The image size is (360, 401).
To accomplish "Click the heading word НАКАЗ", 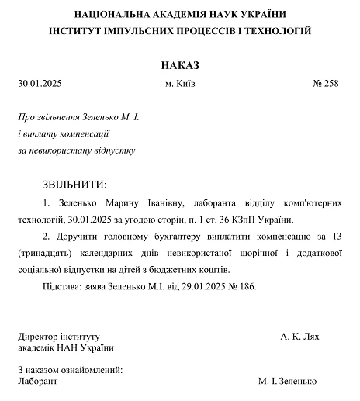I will click(179, 63).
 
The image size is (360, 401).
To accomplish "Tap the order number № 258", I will click(326, 84).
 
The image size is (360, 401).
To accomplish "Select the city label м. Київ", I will click(180, 84).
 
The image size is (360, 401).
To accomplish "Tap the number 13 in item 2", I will click(336, 237).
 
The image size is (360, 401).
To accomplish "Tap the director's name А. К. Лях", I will click(300, 337).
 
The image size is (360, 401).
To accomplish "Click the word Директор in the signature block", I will click(37, 337).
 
